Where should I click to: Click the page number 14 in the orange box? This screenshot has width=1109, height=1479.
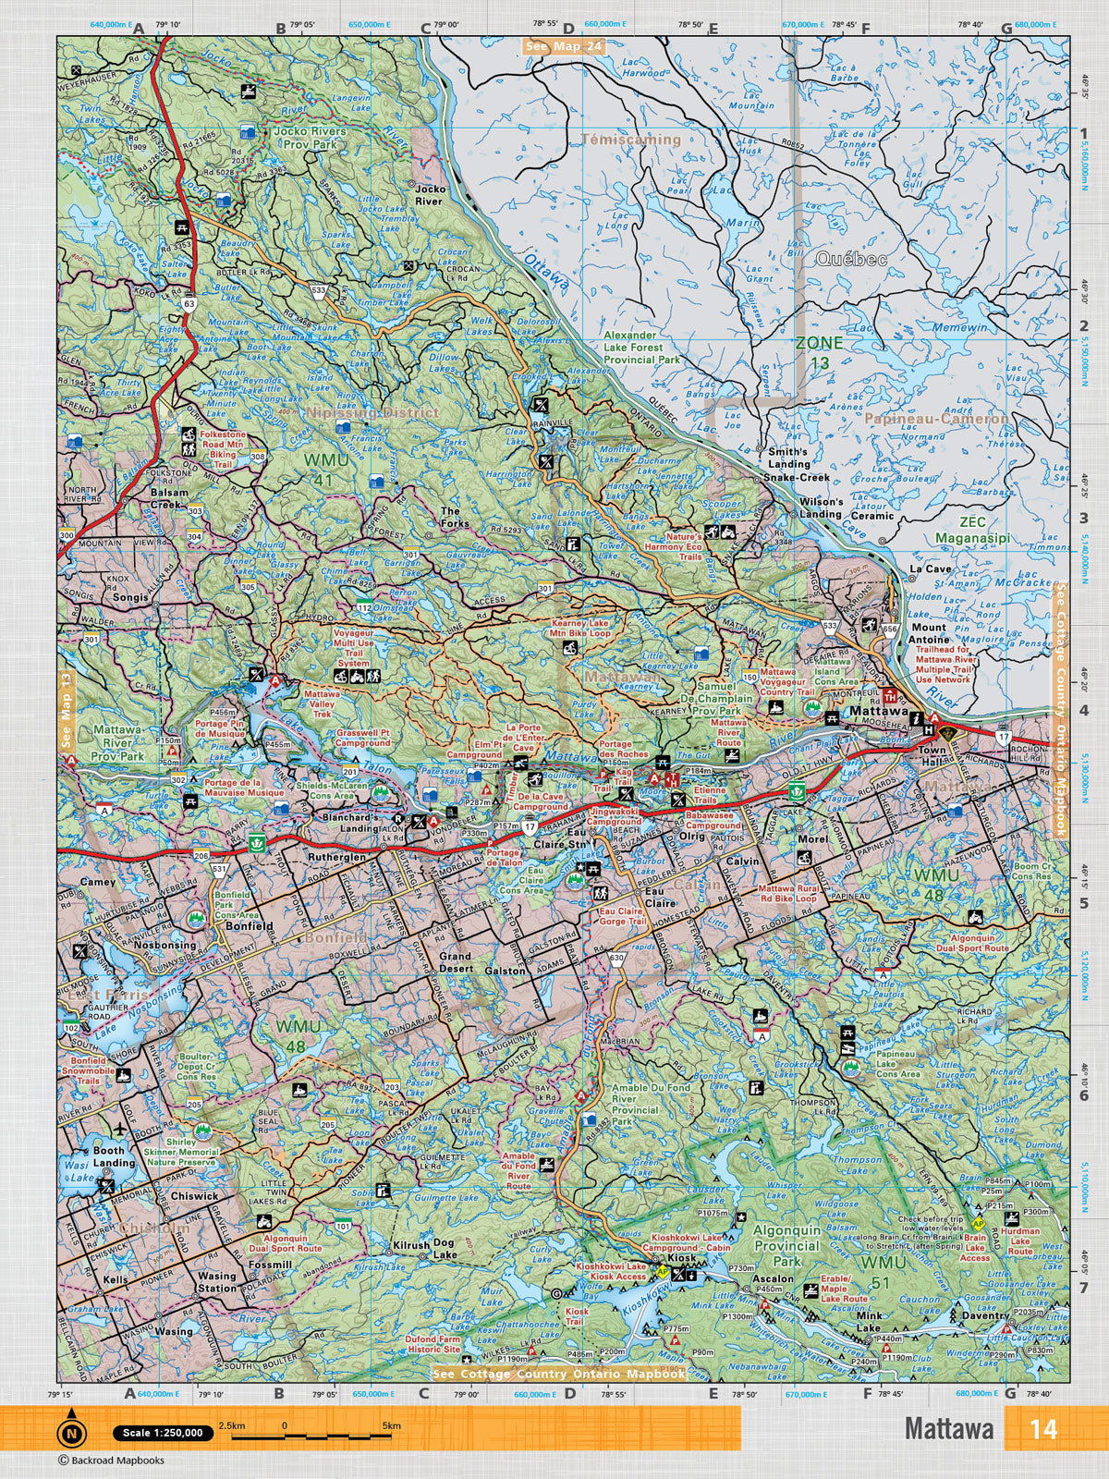(x=1044, y=1428)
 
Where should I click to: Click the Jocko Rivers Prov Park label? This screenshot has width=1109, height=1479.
(x=310, y=138)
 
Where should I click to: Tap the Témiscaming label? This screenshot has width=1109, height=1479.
(x=631, y=140)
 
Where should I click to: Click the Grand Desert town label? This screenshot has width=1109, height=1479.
(x=455, y=962)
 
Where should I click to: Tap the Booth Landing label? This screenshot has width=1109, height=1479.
(x=115, y=1156)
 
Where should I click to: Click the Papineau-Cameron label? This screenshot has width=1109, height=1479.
(x=937, y=419)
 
